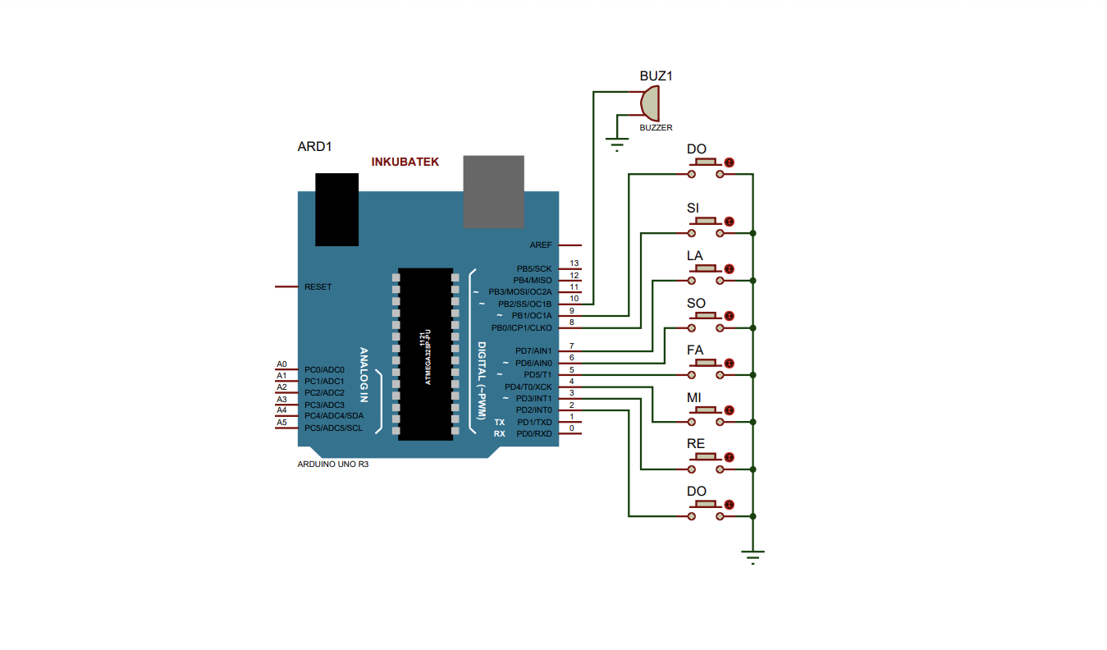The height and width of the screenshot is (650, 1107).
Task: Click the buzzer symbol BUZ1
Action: coord(650,103)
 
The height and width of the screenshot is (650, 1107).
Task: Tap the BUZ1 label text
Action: coord(656,76)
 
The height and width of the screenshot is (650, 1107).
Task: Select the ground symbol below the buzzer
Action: coord(617,144)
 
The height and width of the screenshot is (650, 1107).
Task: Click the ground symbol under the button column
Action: coord(752,557)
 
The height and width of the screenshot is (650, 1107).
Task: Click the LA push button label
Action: coord(694,255)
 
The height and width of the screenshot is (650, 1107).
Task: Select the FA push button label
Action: coord(694,350)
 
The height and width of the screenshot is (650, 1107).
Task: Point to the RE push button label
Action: coord(695,443)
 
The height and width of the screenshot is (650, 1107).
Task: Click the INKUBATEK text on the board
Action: coord(405,162)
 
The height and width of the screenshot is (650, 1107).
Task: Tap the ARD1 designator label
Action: coord(314,147)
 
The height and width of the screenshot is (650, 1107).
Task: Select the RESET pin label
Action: coord(318,286)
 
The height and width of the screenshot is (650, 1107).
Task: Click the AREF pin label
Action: coord(540,245)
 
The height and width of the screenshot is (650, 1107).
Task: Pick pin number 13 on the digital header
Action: coord(574,263)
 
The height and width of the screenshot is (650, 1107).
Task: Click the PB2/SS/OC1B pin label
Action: coord(524,304)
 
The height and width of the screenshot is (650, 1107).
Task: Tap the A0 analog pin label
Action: coord(281,364)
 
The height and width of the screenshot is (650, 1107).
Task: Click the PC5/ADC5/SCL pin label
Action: coord(333,428)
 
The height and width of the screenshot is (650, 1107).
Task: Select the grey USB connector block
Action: coord(493,192)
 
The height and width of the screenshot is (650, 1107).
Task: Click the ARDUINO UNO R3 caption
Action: coord(332,465)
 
